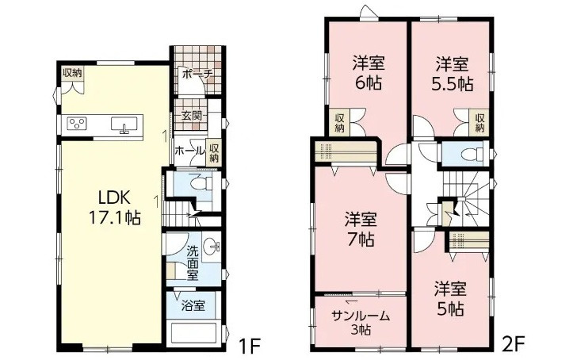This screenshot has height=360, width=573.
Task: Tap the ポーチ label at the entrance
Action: click(195, 75)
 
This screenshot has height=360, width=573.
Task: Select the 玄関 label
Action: click(190, 116)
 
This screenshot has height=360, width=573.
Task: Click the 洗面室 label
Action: click(193, 263)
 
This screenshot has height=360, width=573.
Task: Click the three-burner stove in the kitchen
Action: click(77, 123)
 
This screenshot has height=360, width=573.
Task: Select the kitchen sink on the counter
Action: click(124, 124)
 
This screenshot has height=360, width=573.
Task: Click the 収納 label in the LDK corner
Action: click(72, 74)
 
